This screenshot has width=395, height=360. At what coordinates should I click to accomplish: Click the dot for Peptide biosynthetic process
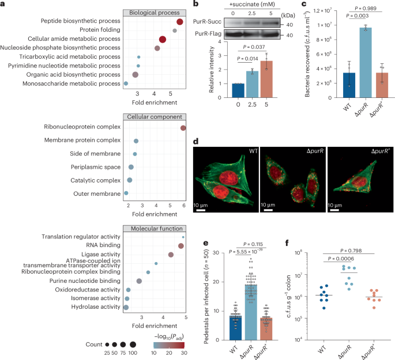180,22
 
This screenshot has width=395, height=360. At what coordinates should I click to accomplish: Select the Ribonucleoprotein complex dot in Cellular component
183,128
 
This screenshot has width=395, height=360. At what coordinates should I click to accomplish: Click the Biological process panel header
154,11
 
